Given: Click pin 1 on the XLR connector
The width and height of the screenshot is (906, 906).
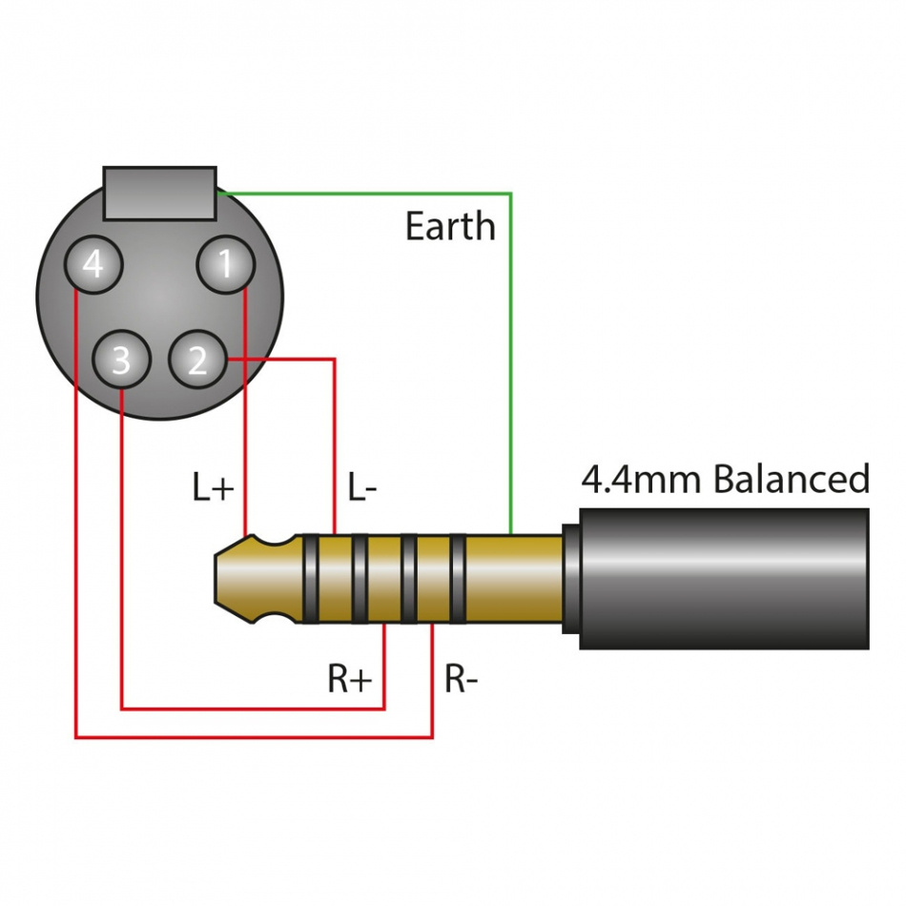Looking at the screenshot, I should [x=225, y=264].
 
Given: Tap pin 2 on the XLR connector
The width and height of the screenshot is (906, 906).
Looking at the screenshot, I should [x=197, y=360].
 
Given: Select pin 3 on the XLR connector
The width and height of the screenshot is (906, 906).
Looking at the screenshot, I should [x=121, y=360].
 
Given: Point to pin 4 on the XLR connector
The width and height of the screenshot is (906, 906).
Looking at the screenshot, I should [x=93, y=264].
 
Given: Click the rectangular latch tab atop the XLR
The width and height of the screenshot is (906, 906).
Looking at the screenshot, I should [x=160, y=193].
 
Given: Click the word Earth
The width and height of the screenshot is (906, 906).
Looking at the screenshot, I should [x=450, y=227].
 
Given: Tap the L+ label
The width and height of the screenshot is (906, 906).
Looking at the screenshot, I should [x=213, y=488].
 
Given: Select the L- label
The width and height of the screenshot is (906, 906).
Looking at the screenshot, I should [x=362, y=488].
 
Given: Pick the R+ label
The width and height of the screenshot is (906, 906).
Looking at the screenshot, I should [x=350, y=679].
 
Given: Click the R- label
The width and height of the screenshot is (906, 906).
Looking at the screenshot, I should [x=462, y=679].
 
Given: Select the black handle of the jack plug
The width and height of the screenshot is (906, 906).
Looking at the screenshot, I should [x=725, y=579].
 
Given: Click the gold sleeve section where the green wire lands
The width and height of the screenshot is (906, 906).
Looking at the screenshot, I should [x=513, y=579].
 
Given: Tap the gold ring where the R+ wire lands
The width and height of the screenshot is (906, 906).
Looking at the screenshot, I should [x=384, y=579].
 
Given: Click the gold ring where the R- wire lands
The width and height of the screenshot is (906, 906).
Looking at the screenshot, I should [x=432, y=579].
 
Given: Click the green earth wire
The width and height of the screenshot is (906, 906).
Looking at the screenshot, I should [x=511, y=362].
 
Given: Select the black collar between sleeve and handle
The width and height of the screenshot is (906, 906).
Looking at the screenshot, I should [x=570, y=579].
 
